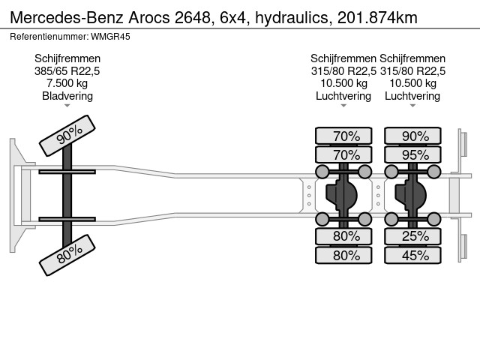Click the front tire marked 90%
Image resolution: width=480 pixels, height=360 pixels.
[67, 136]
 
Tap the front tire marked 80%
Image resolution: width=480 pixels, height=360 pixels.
[67, 255]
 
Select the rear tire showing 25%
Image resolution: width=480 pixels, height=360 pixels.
[412, 236]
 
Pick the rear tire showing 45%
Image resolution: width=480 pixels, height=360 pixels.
[412, 255]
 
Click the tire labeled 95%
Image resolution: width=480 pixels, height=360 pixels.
[412, 155]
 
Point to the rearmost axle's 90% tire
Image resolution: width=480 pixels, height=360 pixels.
[412, 136]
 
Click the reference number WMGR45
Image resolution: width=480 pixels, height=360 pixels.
[111, 37]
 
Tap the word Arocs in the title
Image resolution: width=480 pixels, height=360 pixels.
[148, 17]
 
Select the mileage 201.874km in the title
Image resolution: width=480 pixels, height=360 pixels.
[377, 17]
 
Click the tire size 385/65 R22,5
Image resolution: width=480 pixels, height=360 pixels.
[67, 71]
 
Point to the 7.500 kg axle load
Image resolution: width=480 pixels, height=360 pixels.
[67, 83]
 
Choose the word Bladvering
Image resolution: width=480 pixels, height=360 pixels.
[67, 96]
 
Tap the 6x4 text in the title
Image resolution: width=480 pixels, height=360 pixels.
[233, 17]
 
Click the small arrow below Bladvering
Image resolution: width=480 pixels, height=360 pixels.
[67, 106]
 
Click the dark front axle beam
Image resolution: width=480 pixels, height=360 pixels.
[67, 195]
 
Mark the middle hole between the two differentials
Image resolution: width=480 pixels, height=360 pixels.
[378, 195]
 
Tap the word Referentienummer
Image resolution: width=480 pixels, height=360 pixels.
[49, 37]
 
